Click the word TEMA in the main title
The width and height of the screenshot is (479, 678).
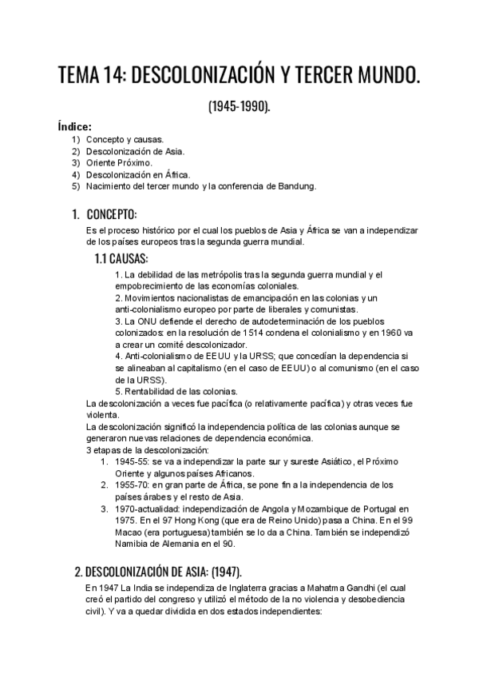[x=84, y=78]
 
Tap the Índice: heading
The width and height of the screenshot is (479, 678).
[x=74, y=126]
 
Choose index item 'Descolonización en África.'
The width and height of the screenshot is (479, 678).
[x=138, y=174]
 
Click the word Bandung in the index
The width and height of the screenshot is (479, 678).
[x=296, y=186]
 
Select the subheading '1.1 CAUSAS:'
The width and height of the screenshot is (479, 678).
[x=121, y=259]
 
